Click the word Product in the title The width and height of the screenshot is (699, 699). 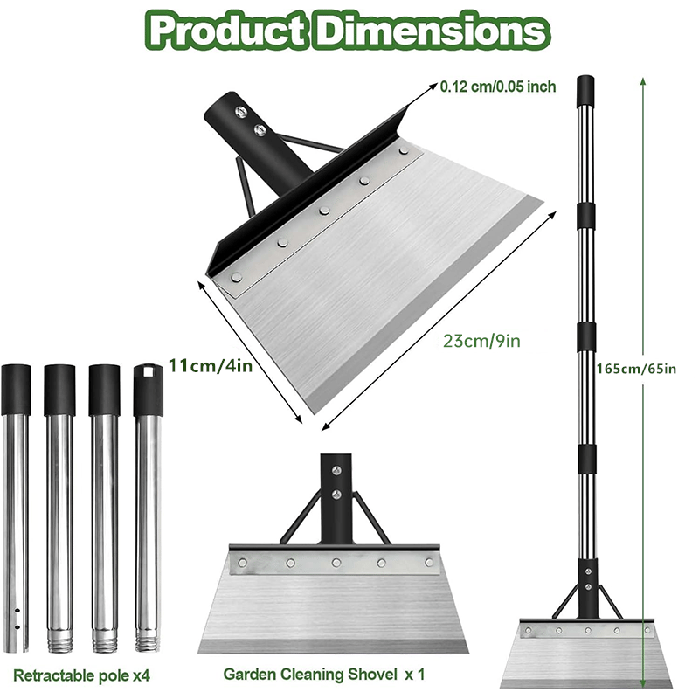226,31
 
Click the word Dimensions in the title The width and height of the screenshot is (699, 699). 433,31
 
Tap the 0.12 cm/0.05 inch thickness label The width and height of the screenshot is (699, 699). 498,87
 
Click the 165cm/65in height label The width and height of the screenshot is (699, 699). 637,368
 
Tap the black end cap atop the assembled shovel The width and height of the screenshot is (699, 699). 585,87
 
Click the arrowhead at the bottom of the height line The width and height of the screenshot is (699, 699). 643,684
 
